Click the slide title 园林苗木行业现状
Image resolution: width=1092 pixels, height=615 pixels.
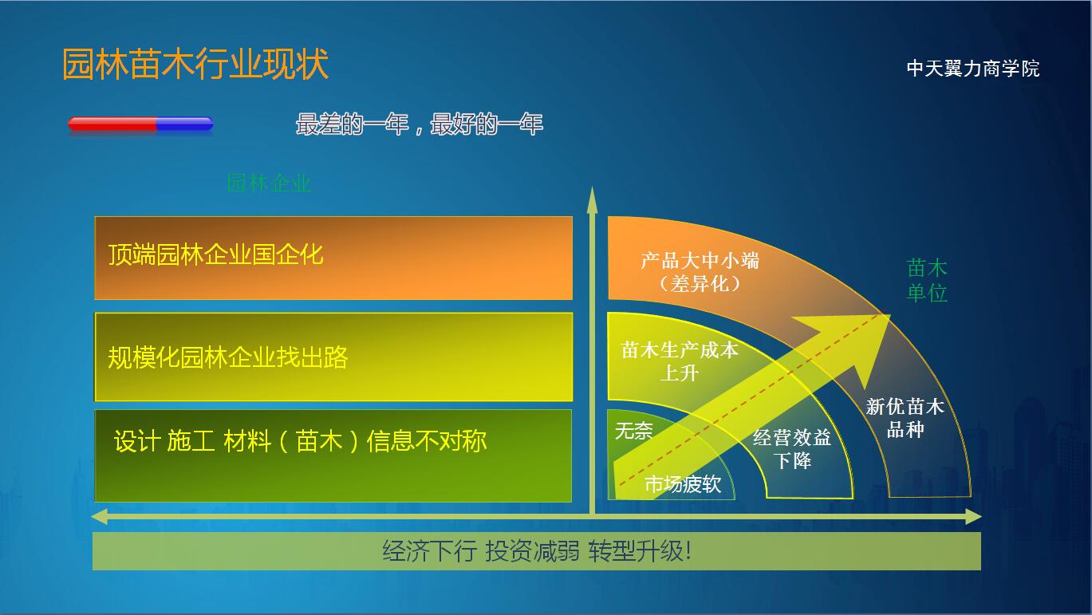click(195, 64)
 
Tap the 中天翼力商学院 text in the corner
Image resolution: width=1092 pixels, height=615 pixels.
click(973, 69)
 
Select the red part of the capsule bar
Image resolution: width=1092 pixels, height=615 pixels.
click(112, 124)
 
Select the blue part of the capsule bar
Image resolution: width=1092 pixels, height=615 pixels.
click(185, 124)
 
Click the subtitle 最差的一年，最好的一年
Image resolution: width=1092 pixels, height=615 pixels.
click(420, 124)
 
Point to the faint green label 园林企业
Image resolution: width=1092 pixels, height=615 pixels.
click(269, 183)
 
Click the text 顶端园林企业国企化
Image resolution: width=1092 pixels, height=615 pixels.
click(215, 254)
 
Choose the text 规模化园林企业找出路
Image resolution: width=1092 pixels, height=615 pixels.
click(227, 357)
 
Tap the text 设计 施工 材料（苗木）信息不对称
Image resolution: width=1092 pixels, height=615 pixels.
click(300, 441)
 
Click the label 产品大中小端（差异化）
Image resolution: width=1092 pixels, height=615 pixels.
click(700, 272)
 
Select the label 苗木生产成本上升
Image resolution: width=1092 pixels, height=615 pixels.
click(680, 361)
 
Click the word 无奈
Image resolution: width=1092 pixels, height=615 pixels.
click(634, 431)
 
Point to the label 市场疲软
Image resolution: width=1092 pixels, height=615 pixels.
click(683, 484)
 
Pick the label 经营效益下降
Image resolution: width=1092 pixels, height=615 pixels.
click(792, 449)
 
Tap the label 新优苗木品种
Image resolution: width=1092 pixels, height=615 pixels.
click(905, 418)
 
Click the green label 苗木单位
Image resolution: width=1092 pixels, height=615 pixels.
click(927, 281)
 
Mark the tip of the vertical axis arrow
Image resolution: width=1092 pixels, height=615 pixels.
click(593, 187)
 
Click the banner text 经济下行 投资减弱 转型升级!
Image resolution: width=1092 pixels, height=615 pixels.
click(537, 551)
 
